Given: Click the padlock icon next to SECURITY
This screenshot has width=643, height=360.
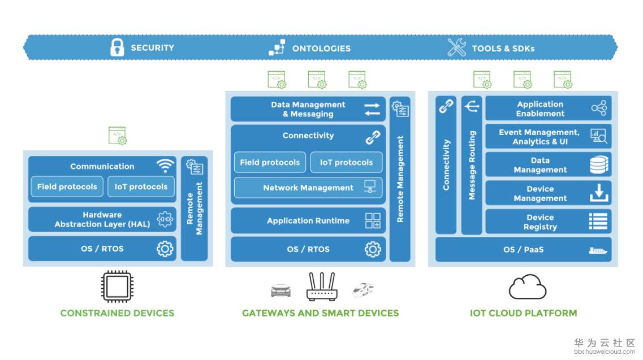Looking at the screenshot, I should click(x=117, y=47).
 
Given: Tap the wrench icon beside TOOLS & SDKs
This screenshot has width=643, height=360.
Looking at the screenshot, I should click(x=456, y=47).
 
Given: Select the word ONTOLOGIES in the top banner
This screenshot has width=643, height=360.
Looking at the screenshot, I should click(x=321, y=49).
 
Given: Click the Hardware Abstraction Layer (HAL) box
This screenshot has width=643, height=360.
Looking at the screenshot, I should click(x=102, y=219).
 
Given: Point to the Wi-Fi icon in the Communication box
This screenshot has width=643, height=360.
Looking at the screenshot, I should click(x=165, y=166).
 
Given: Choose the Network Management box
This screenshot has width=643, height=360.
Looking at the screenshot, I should click(x=308, y=188).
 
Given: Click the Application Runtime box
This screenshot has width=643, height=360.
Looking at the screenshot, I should click(x=308, y=220).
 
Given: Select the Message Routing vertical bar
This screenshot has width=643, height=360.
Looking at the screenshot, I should click(x=472, y=165).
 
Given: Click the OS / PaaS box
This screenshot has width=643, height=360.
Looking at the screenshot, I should click(x=523, y=249).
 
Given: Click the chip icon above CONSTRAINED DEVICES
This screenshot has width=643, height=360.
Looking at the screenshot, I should click(x=116, y=287).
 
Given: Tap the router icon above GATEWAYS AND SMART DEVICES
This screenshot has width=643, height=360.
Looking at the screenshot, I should click(x=322, y=287).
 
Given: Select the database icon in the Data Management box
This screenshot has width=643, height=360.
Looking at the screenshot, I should click(x=598, y=164).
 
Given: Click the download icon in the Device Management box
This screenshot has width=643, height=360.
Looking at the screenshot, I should click(x=598, y=193).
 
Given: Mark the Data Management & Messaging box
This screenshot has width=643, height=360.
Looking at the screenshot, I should click(x=308, y=109).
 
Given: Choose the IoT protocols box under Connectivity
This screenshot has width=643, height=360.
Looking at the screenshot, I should click(x=346, y=162).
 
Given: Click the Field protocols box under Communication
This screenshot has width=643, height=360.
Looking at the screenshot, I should click(x=67, y=186).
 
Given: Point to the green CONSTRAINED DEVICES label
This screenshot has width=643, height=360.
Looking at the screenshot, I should click(x=117, y=313).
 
